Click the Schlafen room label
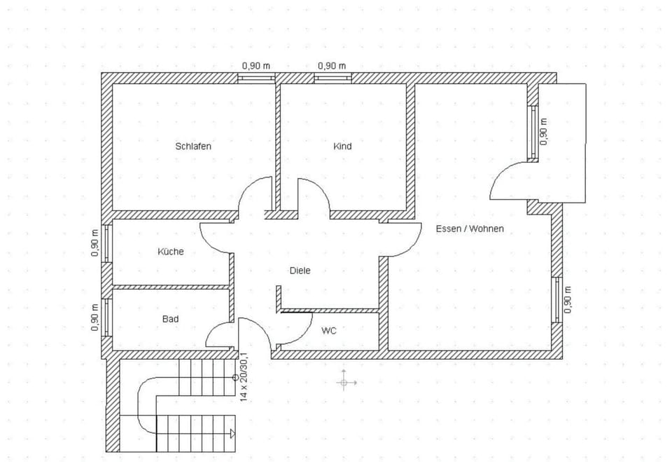click(193, 147)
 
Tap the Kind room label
click(342, 147)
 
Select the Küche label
click(171, 251)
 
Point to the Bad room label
click(170, 319)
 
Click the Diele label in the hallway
click(300, 271)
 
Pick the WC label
click(329, 331)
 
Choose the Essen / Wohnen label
click(470, 229)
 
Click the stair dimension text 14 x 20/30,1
click(244, 376)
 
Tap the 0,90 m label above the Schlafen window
click(256, 66)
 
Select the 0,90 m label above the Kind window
click(332, 66)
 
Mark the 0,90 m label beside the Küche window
click(95, 243)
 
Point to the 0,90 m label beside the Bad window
click(95, 316)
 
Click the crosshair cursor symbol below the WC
click(344, 383)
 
